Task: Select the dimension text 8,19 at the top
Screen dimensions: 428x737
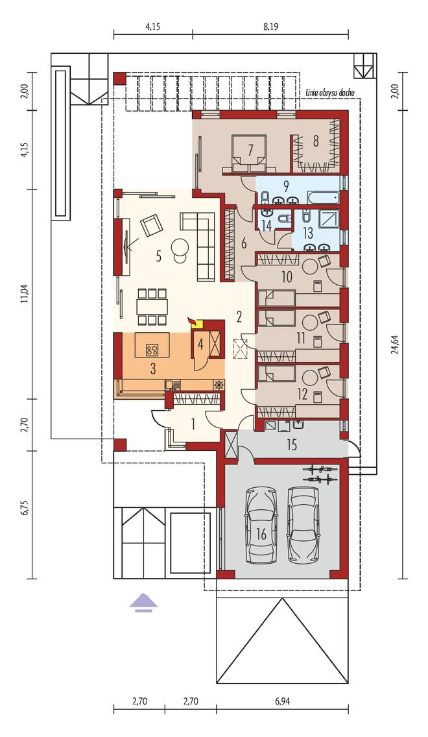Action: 271,28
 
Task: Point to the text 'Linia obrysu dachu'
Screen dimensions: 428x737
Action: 332,91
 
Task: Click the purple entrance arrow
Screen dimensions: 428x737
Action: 144,603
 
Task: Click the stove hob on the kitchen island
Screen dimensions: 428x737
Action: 152,349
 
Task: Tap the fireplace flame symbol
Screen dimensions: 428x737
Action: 192,320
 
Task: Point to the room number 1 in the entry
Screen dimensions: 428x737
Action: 193,424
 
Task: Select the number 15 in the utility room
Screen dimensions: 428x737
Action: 292,444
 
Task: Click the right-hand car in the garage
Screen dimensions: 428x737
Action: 303,525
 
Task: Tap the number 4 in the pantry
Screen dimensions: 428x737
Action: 200,344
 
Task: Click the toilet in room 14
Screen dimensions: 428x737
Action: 283,219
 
